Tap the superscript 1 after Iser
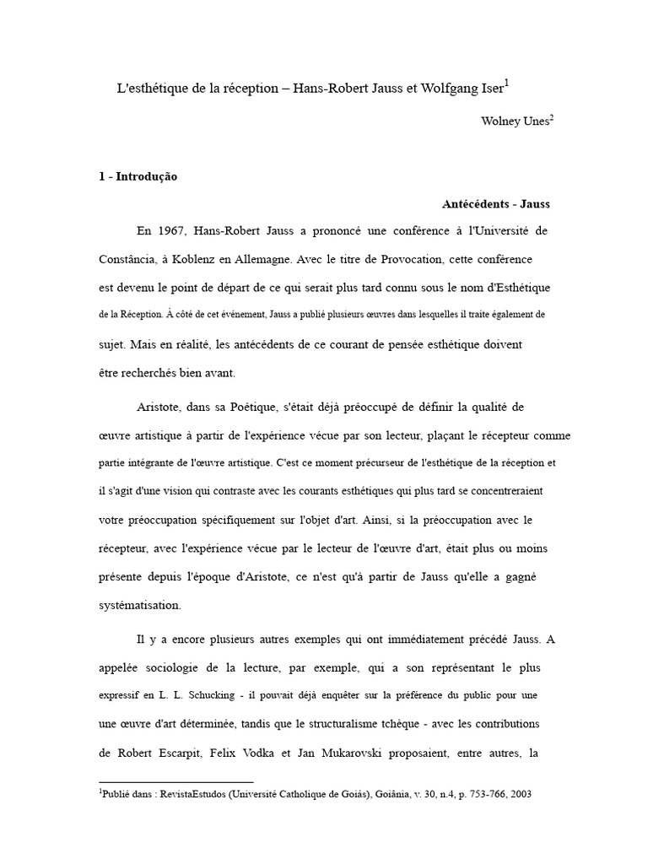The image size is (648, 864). (507, 84)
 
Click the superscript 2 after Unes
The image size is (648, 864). (552, 117)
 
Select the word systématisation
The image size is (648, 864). (139, 605)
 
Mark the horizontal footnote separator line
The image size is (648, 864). (176, 782)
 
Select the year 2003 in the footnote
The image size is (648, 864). (516, 795)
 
